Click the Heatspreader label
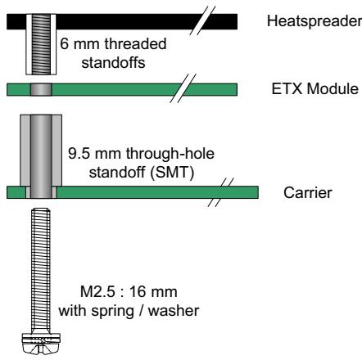click(x=314, y=21)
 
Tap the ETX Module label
click(x=314, y=89)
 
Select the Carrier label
click(x=308, y=192)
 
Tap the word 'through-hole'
click(x=170, y=153)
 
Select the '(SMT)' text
click(x=172, y=173)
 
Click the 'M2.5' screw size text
click(x=97, y=291)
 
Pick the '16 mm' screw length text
click(x=153, y=291)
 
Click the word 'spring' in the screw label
click(x=112, y=311)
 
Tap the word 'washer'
click(x=174, y=311)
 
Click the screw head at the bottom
click(x=41, y=343)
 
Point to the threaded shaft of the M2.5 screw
click(x=41, y=270)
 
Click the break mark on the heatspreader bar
click(x=203, y=20)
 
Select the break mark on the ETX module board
click(x=183, y=88)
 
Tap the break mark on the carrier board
click(x=220, y=192)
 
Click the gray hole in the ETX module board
click(x=41, y=89)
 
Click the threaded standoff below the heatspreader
click(x=41, y=44)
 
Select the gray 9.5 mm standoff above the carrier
click(x=41, y=156)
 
